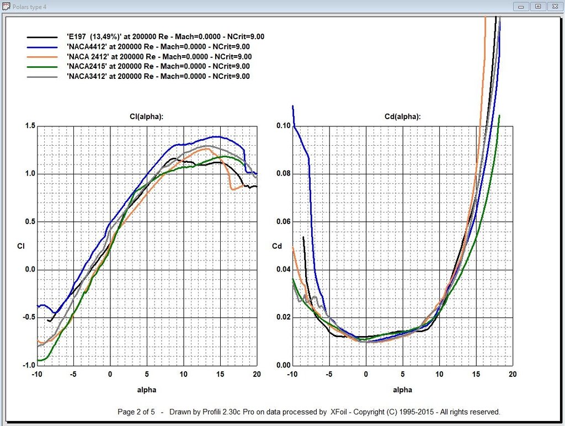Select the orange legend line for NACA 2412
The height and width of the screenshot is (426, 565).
(x=42, y=57)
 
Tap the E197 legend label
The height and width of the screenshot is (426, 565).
(x=165, y=36)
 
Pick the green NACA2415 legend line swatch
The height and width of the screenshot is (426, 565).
(x=42, y=67)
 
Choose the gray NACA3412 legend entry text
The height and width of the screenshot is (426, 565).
(x=158, y=77)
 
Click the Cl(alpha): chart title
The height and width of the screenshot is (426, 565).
(x=146, y=116)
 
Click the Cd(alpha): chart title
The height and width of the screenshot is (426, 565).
(x=402, y=116)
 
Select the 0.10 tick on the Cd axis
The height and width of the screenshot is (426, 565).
(x=282, y=126)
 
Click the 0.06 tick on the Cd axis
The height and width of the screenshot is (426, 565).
(x=282, y=222)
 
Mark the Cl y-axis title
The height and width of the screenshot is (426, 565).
(x=21, y=246)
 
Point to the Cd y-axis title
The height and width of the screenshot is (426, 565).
(x=277, y=246)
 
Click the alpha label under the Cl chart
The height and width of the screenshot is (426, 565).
(x=146, y=390)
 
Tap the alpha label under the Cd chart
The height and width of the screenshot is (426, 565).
(x=402, y=390)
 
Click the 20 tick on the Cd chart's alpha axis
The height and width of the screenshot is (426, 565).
(x=513, y=375)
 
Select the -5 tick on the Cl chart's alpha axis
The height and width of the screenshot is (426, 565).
(x=73, y=375)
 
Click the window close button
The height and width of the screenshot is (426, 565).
(x=555, y=6)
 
